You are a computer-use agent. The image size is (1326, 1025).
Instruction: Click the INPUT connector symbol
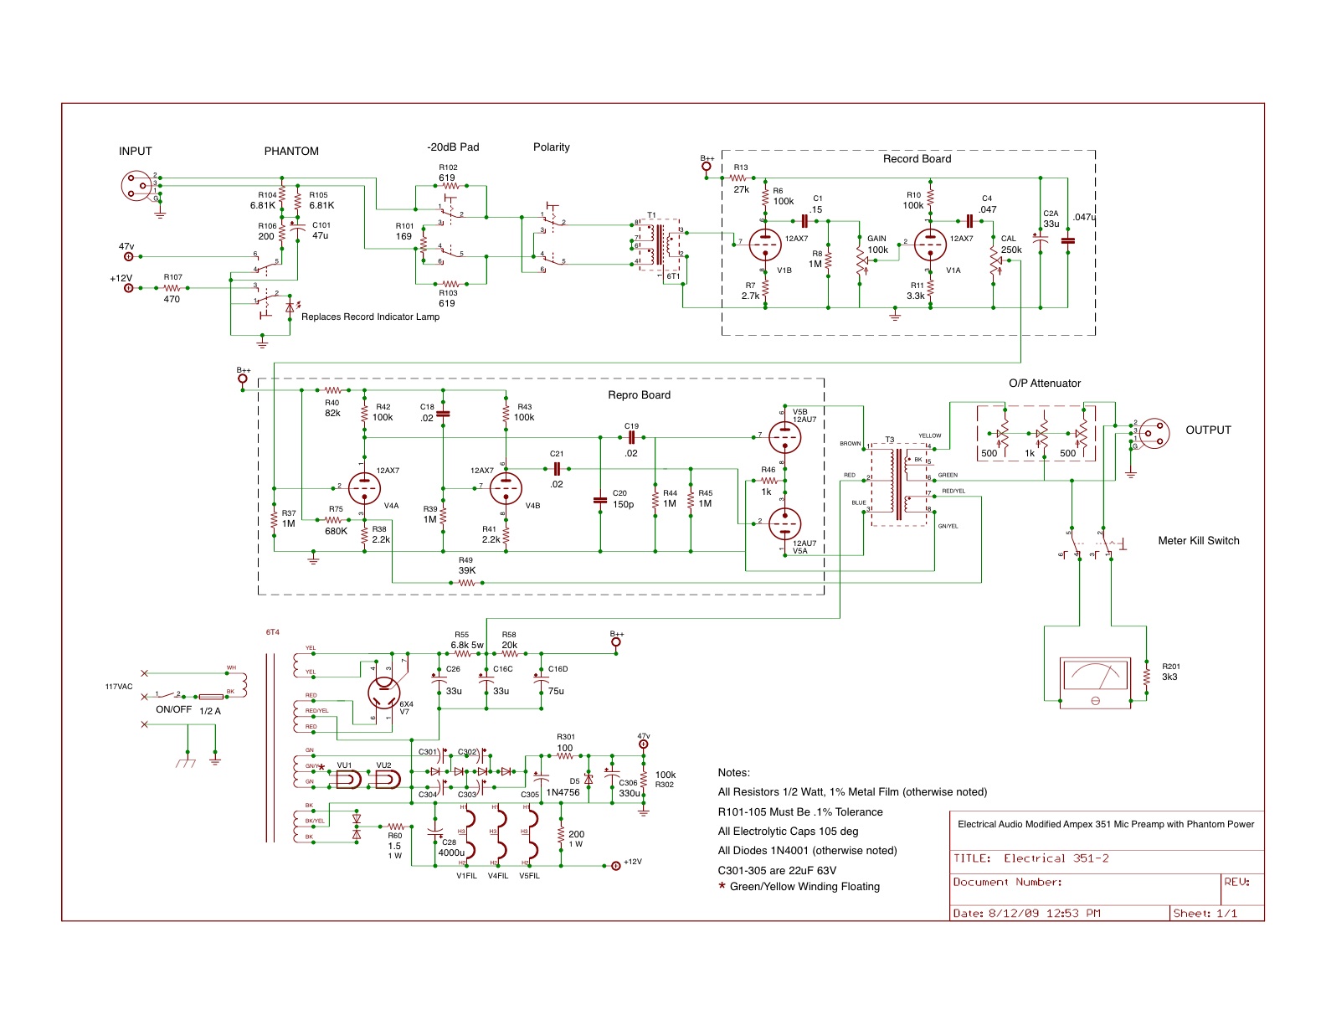[138, 185]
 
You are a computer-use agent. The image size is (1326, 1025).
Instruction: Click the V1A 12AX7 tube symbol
[929, 245]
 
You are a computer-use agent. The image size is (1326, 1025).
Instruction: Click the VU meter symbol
[1095, 683]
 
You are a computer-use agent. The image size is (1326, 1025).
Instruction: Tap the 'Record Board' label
[917, 159]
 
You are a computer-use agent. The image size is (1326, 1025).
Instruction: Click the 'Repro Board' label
[639, 395]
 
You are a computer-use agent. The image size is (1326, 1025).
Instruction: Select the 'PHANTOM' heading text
[291, 152]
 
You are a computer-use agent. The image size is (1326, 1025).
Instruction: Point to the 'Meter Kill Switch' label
[1198, 541]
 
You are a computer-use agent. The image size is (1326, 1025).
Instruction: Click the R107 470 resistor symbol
[172, 288]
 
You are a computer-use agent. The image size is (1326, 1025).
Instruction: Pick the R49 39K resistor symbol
[466, 582]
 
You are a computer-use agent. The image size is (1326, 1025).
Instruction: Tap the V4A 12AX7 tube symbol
[364, 487]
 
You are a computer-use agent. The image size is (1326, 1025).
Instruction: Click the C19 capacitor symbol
[631, 437]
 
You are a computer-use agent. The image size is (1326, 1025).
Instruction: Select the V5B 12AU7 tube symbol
[784, 435]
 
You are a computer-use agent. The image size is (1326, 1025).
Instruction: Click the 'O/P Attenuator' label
[1044, 384]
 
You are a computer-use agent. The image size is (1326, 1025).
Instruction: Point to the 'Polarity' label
[551, 147]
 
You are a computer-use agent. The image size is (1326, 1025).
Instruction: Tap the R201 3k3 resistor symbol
[1147, 672]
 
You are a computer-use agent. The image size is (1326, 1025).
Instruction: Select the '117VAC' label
[119, 687]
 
